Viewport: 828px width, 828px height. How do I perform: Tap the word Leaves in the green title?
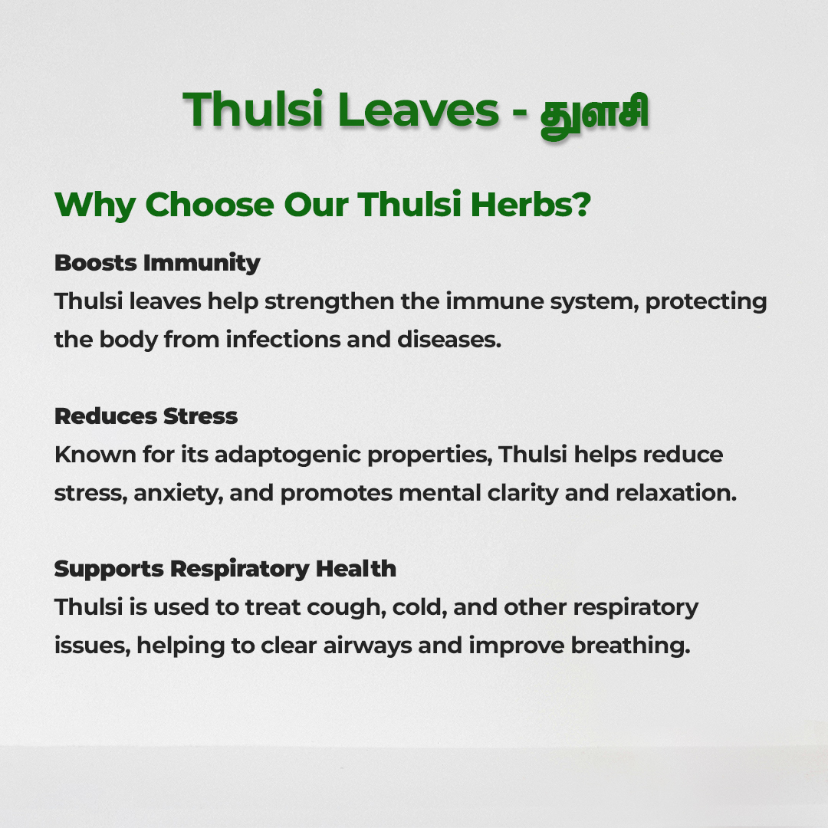[x=419, y=110]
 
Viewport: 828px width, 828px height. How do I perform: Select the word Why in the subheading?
[x=95, y=205]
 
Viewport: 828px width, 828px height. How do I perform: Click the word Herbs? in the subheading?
[x=531, y=204]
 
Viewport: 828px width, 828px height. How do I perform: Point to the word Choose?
[x=209, y=205]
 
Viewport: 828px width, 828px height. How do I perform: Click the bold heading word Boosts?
[x=96, y=262]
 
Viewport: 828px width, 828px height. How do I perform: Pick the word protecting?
[x=706, y=301]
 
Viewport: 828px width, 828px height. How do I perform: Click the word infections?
[x=283, y=340]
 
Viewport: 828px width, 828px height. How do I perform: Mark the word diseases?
[x=449, y=340]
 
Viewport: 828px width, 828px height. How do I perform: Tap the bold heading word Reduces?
[x=106, y=416]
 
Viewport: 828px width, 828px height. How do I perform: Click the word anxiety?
[x=179, y=493]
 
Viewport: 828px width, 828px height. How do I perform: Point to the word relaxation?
[x=676, y=493]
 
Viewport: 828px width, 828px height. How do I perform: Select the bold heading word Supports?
[x=110, y=569]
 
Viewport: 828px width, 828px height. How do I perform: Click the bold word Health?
[x=356, y=569]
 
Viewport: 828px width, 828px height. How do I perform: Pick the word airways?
[x=367, y=646]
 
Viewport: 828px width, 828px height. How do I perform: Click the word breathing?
[x=630, y=646]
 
